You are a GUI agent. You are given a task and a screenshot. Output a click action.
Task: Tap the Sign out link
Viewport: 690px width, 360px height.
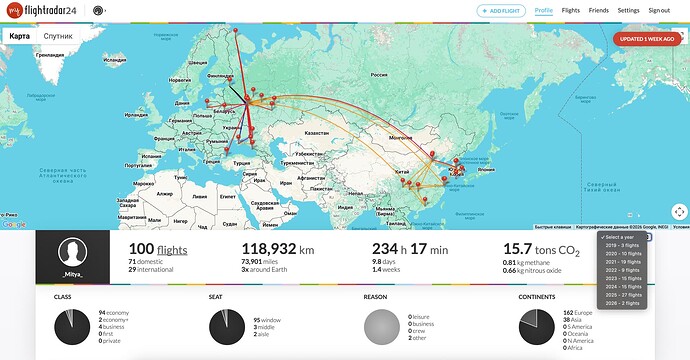tap(659, 10)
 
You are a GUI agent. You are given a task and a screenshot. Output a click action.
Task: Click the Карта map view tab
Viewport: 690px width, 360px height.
tap(19, 36)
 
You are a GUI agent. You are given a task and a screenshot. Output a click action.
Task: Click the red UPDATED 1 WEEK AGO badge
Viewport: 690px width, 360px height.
tap(650, 40)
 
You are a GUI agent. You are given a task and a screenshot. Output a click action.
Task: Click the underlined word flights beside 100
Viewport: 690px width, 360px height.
tap(172, 250)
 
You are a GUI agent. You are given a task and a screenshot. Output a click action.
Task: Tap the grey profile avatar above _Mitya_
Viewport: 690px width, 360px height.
tap(72, 252)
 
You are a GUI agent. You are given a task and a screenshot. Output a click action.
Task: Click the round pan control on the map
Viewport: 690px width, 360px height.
tap(679, 211)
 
